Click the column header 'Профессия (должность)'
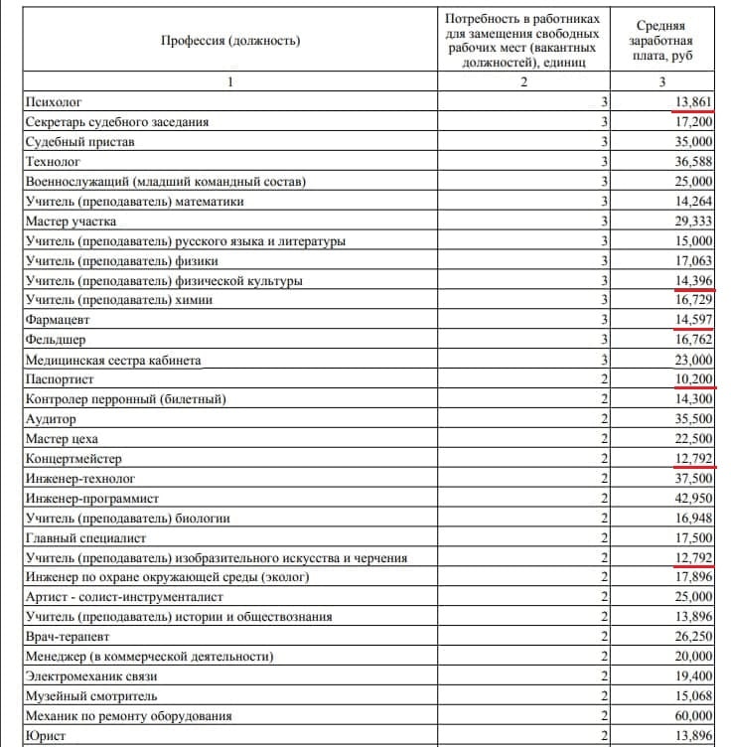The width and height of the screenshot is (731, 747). tap(229, 41)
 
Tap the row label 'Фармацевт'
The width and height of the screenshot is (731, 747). tap(61, 321)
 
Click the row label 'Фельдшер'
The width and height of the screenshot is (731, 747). tap(57, 340)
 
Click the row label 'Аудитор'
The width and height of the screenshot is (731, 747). tap(51, 419)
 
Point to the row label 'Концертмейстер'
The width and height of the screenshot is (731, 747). tap(76, 459)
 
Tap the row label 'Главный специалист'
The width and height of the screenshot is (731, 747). tap(85, 537)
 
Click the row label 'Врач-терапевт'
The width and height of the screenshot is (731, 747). tap(68, 637)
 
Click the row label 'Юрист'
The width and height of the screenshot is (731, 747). tap(46, 735)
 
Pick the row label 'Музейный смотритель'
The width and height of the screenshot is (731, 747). tap(91, 695)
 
